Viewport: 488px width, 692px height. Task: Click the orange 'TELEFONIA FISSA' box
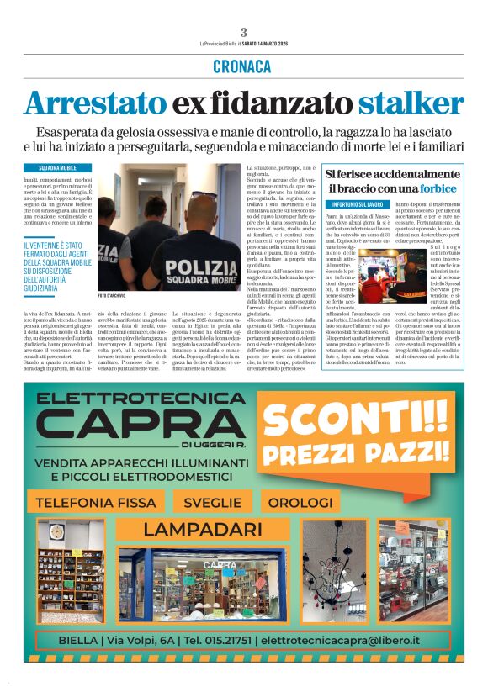[x=87, y=503]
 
